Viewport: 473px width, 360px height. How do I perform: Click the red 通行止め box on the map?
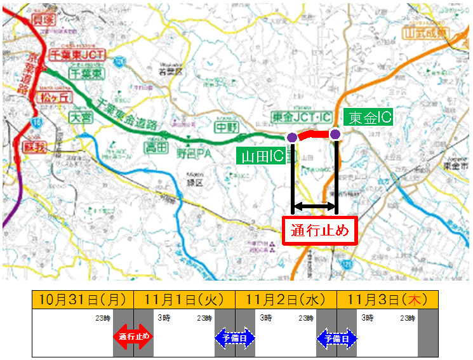(320, 230)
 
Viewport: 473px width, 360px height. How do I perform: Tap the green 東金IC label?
(368, 117)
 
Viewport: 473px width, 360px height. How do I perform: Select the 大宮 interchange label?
(81, 117)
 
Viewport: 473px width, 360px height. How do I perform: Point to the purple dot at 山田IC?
(291, 138)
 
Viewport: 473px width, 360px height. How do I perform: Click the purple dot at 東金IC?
(335, 134)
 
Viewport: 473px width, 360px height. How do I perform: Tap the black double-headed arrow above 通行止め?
(314, 207)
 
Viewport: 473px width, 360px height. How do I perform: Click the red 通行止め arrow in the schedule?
(133, 337)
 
